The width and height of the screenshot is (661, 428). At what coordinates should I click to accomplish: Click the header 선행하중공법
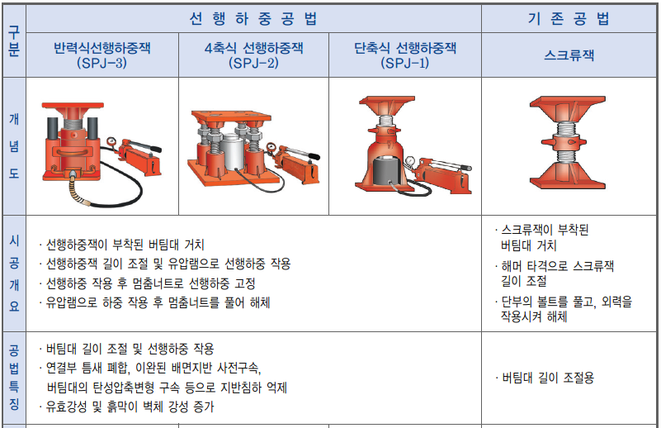click(253, 18)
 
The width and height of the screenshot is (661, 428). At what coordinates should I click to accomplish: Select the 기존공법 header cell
click(569, 18)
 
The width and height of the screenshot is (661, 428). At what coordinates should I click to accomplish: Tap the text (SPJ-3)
click(102, 63)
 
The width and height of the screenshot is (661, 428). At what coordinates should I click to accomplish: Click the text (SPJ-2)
click(253, 63)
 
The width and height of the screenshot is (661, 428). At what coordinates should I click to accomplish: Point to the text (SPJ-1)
click(404, 63)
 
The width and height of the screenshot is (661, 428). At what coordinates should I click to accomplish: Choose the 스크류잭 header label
click(569, 55)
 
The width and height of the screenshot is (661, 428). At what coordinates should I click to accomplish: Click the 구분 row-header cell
click(14, 41)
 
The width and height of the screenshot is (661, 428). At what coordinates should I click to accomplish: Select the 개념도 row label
click(14, 146)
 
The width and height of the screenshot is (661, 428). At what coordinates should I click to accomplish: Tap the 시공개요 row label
click(14, 273)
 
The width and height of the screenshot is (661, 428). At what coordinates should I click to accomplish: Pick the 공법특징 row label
click(14, 378)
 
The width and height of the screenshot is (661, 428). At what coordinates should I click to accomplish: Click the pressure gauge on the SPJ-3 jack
click(111, 141)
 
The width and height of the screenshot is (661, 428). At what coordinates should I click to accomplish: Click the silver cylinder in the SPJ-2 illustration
click(234, 152)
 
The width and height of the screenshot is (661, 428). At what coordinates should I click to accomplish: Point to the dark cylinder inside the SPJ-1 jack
click(387, 169)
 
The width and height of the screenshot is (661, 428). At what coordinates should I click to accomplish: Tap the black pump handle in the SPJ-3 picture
click(152, 149)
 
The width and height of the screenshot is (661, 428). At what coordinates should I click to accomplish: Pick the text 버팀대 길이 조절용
click(548, 378)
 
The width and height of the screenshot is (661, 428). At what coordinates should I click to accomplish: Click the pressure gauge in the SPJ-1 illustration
click(410, 162)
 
